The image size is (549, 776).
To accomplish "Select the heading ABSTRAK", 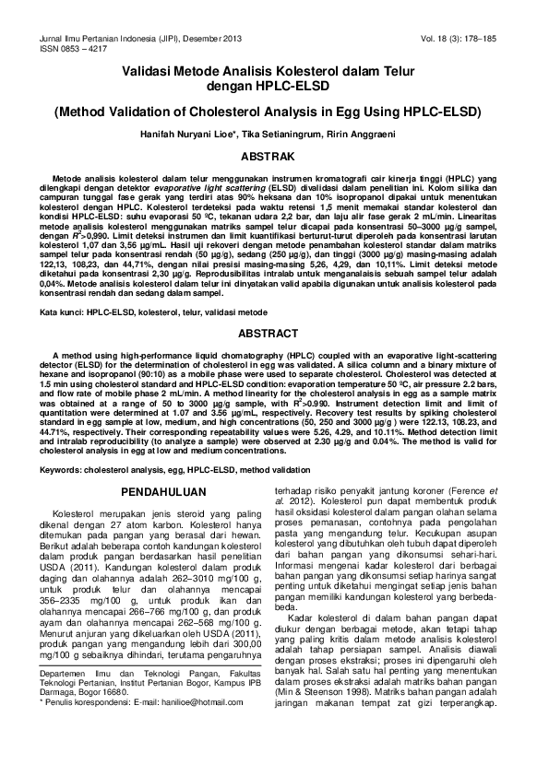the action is pos(275,157).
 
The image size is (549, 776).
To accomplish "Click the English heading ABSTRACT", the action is pos(274,333).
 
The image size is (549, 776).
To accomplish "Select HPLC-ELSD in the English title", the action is pos(443,112).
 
